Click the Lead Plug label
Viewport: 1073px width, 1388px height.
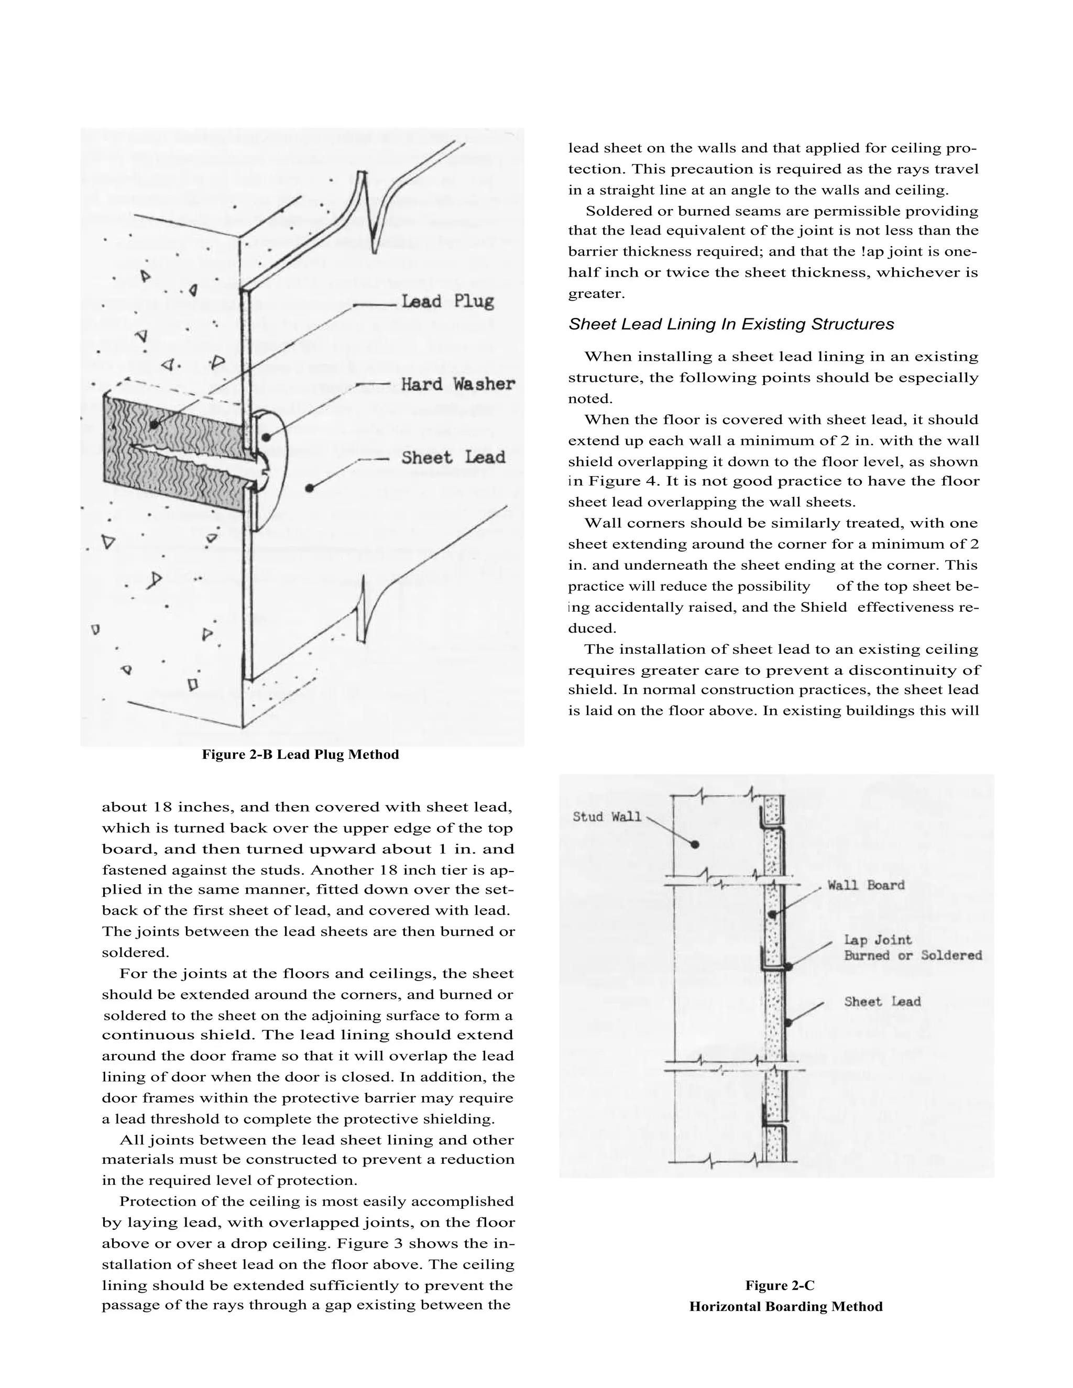click(447, 301)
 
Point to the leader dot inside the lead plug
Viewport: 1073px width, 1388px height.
click(155, 425)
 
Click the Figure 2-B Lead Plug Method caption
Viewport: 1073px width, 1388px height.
click(300, 754)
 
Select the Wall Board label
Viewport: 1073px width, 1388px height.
click(865, 885)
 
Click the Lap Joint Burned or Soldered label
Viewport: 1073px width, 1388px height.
click(912, 948)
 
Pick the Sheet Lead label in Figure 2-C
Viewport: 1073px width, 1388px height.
click(882, 1001)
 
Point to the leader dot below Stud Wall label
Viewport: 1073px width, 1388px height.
click(695, 845)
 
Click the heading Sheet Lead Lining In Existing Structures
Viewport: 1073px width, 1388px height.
click(730, 324)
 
